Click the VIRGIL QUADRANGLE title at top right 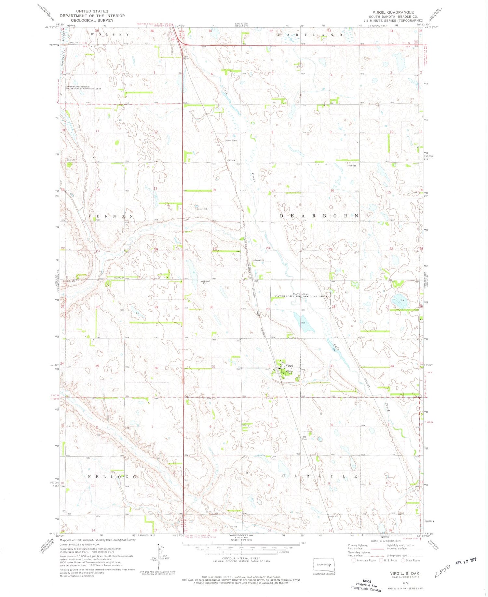(393, 12)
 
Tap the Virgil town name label (290, 366)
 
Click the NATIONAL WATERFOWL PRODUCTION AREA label (300, 295)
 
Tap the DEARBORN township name (319, 216)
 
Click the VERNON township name (111, 216)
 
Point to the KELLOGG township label (112, 476)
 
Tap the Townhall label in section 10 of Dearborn (352, 166)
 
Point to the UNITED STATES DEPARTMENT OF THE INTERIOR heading (92, 16)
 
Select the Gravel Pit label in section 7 (230, 141)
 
